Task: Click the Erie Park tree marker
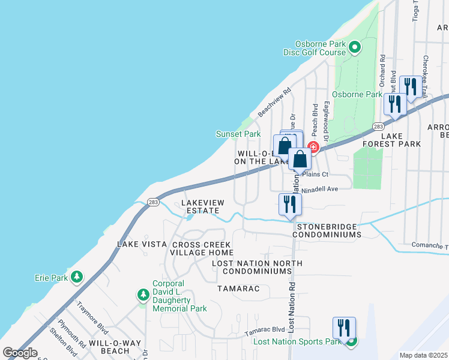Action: point(76,277)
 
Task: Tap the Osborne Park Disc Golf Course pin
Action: point(354,47)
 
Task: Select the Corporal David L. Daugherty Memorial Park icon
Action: point(143,294)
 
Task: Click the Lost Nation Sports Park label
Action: point(297,341)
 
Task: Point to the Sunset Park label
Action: point(238,134)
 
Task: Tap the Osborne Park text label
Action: point(357,94)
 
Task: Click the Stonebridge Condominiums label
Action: point(327,230)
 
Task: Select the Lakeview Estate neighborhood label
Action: point(203,206)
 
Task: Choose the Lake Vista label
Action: point(142,244)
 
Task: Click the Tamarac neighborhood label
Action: point(238,289)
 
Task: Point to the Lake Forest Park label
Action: point(391,140)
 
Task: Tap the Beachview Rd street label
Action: point(274,103)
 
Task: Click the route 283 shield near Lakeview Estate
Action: point(152,202)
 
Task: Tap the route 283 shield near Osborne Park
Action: point(378,127)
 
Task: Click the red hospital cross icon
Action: point(312,147)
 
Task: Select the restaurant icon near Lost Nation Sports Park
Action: point(344,328)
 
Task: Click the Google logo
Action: point(20,353)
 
